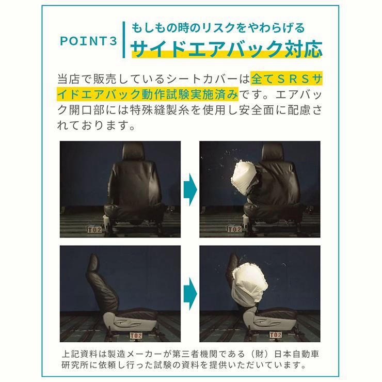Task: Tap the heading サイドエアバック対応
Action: pos(227,49)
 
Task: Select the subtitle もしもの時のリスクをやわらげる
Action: pos(217,27)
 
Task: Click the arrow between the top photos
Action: pos(190,186)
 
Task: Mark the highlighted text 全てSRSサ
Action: pos(288,80)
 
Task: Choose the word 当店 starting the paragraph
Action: pos(71,80)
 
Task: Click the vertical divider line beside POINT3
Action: pos(123,40)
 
